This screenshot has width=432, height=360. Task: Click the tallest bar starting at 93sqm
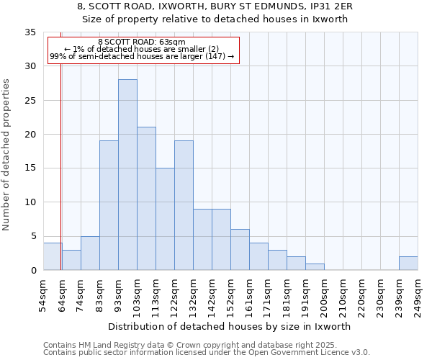click(127, 175)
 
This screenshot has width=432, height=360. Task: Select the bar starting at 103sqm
click(146, 199)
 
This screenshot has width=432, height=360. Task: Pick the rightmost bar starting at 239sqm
click(408, 264)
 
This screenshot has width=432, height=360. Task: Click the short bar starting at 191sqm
click(315, 267)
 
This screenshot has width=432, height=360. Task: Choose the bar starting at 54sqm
click(52, 257)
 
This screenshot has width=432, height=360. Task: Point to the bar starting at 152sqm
click(240, 250)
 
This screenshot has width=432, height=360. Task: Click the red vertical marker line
click(61, 166)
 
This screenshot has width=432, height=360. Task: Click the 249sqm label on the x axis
click(418, 295)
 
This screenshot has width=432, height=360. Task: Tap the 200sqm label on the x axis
click(324, 295)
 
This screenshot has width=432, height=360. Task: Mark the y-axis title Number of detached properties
click(7, 155)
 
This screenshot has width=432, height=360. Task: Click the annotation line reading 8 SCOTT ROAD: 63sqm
click(142, 42)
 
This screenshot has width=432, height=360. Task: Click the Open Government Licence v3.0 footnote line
click(207, 353)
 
